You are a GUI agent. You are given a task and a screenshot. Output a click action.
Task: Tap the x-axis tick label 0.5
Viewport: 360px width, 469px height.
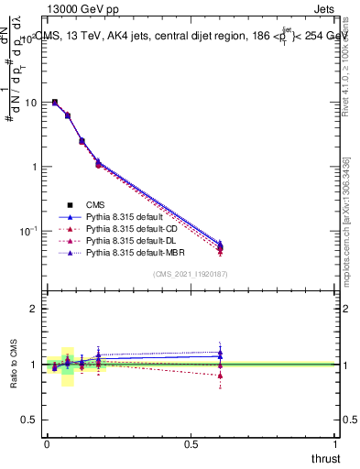point(191,444)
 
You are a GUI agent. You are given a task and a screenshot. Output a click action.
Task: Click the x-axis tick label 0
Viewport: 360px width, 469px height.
point(47,444)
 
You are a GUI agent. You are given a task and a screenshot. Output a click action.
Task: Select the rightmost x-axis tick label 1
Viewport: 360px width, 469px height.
point(336,444)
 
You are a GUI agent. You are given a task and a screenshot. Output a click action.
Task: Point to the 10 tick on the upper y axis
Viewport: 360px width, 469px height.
point(32,103)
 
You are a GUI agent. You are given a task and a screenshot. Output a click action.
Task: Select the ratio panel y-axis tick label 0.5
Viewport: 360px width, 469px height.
point(29,420)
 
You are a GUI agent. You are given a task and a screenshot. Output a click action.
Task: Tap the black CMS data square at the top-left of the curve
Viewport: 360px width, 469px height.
point(55,103)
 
